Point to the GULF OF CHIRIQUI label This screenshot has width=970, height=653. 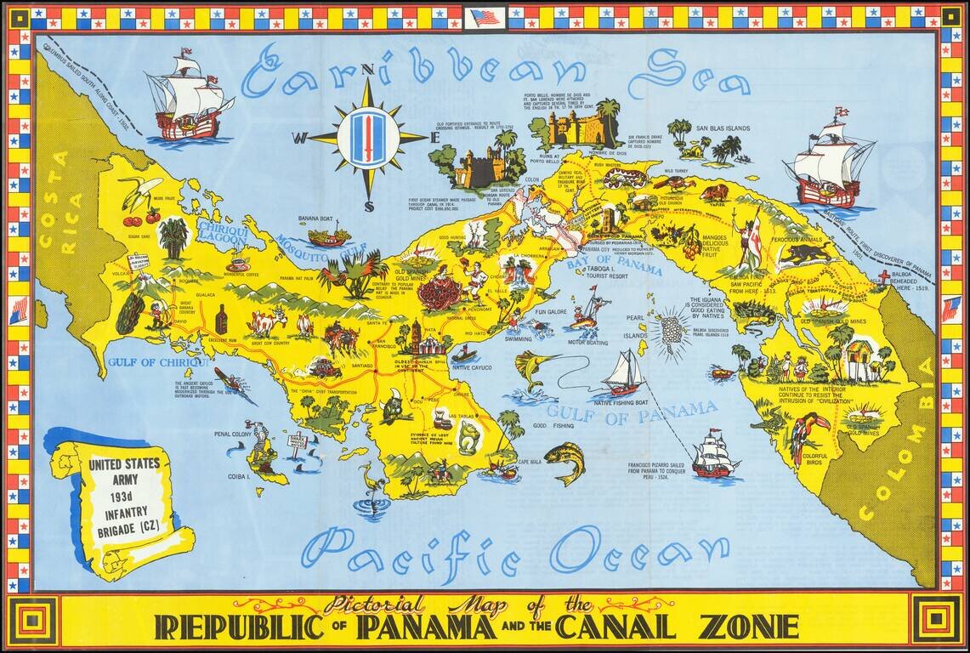(x=158, y=363)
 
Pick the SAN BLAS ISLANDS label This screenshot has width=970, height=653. (x=723, y=128)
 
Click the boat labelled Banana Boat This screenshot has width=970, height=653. (x=329, y=236)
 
